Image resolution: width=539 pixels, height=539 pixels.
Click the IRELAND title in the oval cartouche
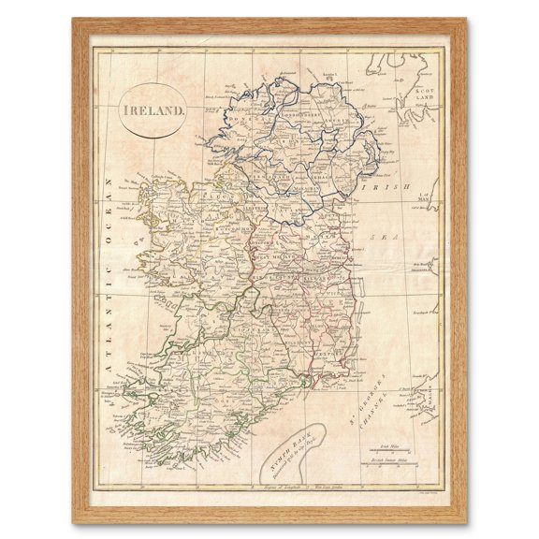pos(153,109)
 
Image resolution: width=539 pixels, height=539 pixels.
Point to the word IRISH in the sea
pos(385,188)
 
